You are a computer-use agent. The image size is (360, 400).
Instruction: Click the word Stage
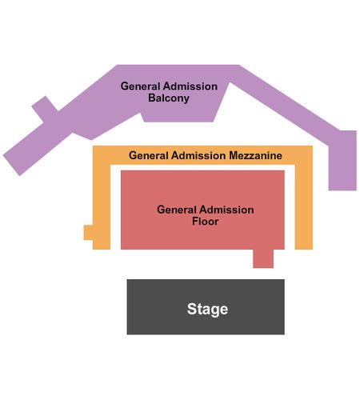click(207, 310)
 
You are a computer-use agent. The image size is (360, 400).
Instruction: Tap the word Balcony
click(169, 98)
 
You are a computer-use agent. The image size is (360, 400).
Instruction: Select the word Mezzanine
click(255, 155)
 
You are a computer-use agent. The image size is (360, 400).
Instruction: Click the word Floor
click(206, 222)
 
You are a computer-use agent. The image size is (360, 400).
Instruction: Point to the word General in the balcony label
click(140, 86)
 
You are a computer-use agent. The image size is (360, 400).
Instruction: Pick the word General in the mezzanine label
click(149, 155)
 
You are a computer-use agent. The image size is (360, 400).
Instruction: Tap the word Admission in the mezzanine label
click(198, 155)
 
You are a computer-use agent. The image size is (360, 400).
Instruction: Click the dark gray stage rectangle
click(206, 306)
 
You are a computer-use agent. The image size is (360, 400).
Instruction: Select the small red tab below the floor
click(263, 258)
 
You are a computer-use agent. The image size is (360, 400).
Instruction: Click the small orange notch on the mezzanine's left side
click(88, 233)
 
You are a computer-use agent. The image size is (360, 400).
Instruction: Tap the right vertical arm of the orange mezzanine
click(304, 207)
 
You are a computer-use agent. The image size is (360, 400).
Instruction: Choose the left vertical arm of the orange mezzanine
click(102, 207)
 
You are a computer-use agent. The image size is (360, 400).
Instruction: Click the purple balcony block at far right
click(342, 160)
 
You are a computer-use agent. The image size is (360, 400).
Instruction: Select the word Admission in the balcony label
click(190, 86)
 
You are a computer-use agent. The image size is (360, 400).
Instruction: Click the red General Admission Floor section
click(202, 192)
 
